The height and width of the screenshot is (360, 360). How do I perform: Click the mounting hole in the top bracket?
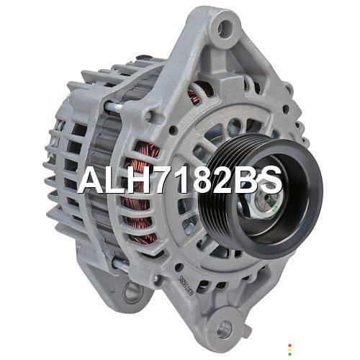click(225, 28)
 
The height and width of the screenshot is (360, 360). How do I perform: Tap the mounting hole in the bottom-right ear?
click(225, 328)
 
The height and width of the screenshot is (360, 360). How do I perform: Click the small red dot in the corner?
click(289, 346)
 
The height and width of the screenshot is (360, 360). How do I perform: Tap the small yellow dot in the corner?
click(289, 350)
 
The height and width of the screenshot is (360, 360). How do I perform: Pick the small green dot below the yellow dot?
click(289, 354)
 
